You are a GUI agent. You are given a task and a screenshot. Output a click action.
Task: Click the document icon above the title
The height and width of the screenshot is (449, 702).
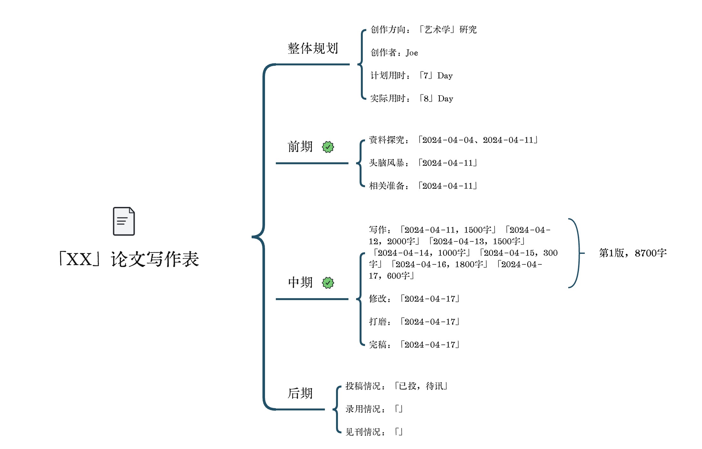(x=124, y=221)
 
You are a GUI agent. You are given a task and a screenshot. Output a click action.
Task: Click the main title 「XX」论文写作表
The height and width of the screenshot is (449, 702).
(x=129, y=259)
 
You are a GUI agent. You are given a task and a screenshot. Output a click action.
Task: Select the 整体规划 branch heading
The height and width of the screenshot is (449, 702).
(x=313, y=48)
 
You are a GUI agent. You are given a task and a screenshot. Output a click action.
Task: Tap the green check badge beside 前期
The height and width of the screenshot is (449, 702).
(x=328, y=147)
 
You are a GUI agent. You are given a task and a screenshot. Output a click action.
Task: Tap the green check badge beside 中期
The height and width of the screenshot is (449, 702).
(x=328, y=283)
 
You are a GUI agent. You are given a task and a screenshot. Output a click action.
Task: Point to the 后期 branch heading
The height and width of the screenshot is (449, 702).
(x=300, y=393)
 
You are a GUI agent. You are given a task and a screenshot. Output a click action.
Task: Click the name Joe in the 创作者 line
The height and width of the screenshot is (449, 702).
(x=412, y=53)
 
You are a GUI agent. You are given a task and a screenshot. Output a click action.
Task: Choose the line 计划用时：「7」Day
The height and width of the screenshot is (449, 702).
(x=411, y=76)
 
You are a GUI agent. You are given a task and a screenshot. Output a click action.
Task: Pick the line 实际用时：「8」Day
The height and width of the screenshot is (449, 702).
(x=411, y=99)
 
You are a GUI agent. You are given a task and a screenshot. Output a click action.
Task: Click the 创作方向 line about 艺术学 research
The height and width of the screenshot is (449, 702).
(x=423, y=30)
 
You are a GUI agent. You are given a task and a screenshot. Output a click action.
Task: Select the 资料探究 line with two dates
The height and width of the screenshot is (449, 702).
(x=453, y=140)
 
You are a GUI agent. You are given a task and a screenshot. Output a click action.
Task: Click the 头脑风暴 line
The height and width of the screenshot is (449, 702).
(x=423, y=163)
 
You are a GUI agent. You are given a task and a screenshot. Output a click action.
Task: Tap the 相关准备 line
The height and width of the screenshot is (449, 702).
(x=423, y=186)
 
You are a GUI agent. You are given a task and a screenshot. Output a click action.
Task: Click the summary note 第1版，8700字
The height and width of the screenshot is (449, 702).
(x=633, y=253)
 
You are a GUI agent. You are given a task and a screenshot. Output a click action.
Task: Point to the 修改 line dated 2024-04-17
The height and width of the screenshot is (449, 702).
(x=414, y=299)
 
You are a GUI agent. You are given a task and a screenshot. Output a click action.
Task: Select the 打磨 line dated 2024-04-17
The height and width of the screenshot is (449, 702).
(x=414, y=322)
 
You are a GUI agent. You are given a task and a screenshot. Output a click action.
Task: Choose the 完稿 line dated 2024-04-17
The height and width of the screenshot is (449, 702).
(x=414, y=345)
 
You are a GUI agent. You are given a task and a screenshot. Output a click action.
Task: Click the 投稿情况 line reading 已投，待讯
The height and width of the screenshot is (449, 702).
(x=396, y=386)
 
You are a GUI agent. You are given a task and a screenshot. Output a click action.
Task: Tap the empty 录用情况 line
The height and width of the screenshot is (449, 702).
(x=374, y=409)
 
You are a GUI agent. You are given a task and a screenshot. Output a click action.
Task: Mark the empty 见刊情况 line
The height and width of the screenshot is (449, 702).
(x=374, y=432)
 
